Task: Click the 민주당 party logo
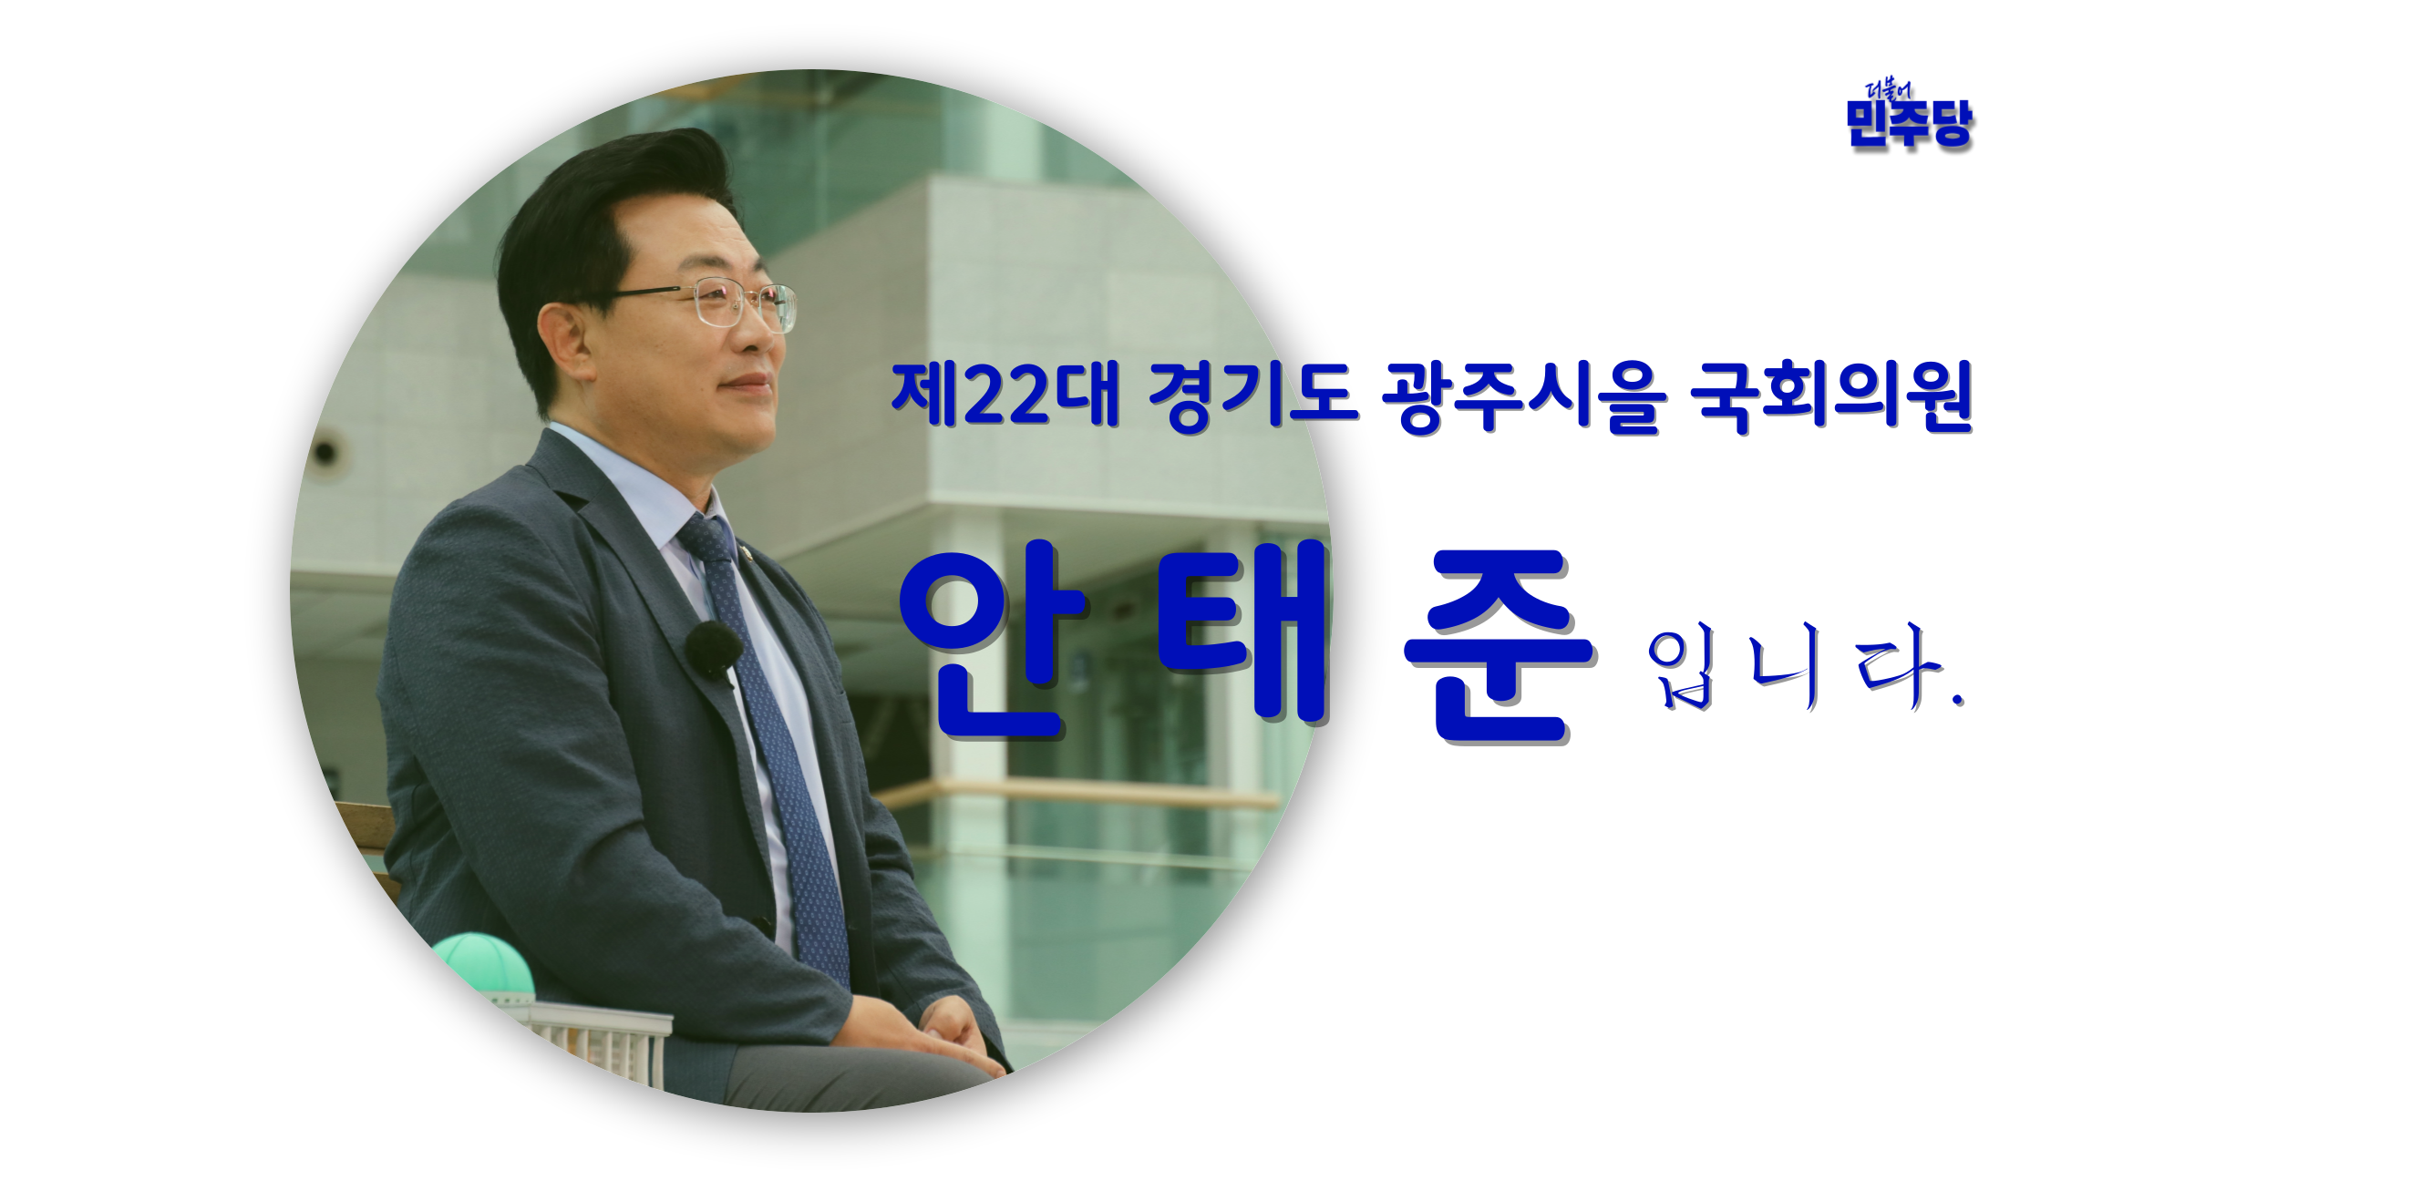point(1909,116)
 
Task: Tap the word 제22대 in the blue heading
point(1005,395)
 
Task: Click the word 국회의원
point(1831,397)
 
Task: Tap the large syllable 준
point(1499,647)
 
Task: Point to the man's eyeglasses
point(715,303)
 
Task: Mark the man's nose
point(769,337)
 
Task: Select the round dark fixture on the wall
point(325,452)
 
